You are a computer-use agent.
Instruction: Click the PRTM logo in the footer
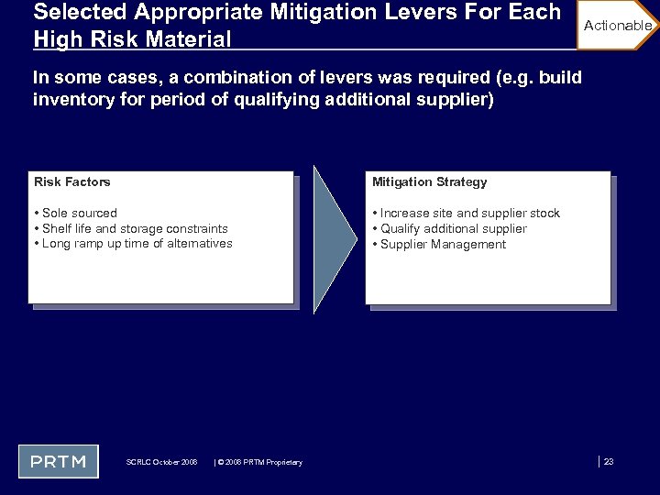pos(58,460)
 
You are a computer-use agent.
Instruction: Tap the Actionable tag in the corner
pos(617,26)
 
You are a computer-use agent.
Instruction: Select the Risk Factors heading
pos(71,182)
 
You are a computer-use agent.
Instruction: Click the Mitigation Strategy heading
pos(429,182)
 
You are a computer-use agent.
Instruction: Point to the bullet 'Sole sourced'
pos(79,214)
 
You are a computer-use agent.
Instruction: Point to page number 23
pos(608,461)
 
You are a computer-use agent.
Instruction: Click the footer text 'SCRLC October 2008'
pos(161,462)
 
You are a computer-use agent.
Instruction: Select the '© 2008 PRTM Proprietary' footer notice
pos(259,462)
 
